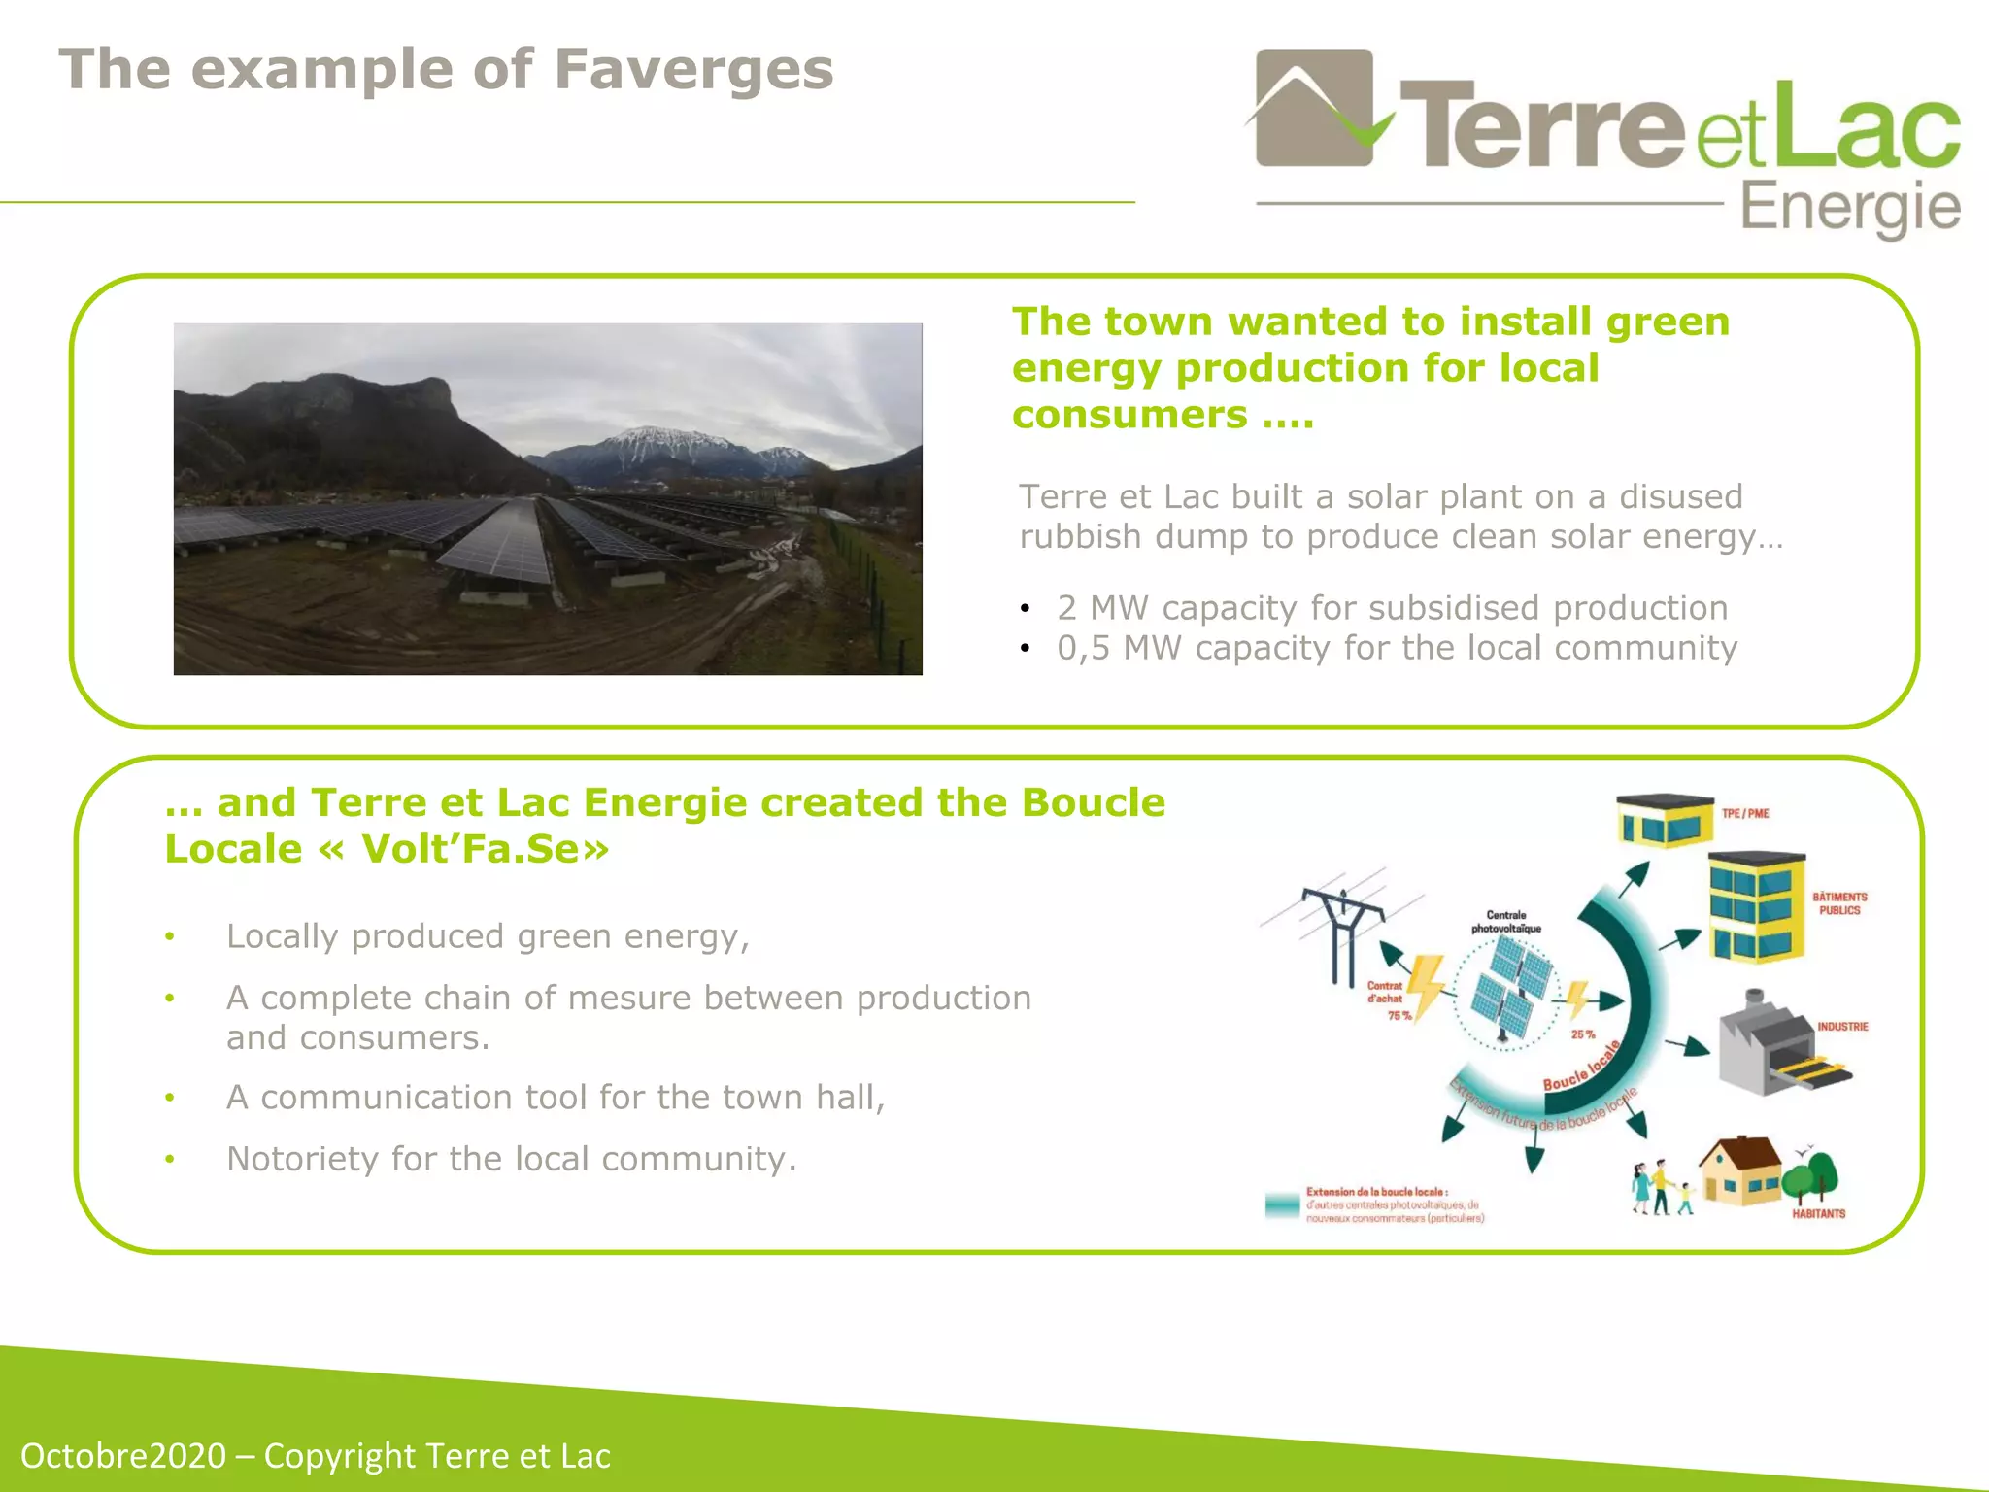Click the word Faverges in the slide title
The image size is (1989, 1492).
click(x=692, y=70)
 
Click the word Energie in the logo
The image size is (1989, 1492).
click(x=1849, y=208)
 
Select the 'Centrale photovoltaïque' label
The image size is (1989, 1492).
click(x=1505, y=922)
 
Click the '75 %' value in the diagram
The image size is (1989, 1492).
click(x=1399, y=1015)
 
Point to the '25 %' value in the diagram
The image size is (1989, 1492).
click(x=1583, y=1034)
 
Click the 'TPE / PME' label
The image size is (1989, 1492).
click(x=1745, y=814)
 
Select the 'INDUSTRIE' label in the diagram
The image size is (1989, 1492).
click(x=1842, y=1027)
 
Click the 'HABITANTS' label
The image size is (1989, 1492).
click(x=1818, y=1213)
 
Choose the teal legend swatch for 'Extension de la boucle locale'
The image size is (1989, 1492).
click(x=1282, y=1205)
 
